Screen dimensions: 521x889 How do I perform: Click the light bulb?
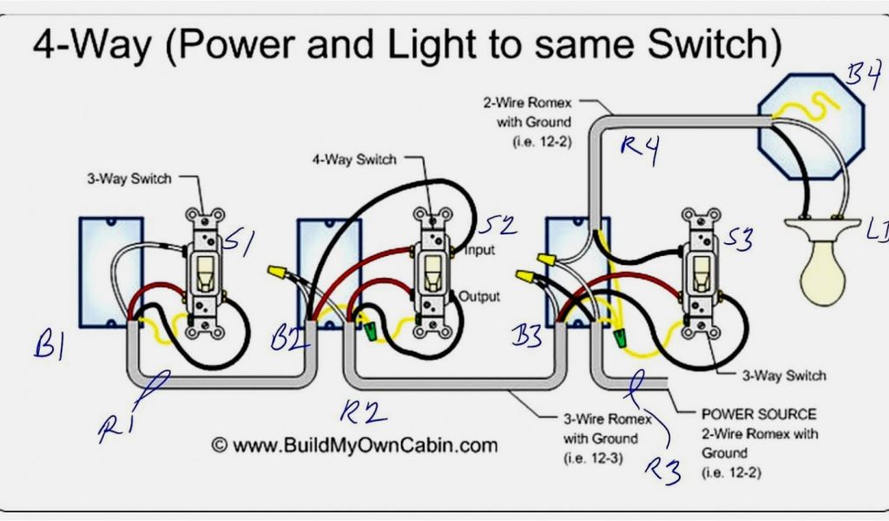821,269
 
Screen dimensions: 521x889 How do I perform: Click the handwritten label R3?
662,469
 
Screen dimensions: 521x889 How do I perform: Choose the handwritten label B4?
864,80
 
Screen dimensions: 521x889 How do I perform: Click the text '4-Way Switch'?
354,160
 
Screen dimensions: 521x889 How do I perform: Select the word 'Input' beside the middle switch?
479,251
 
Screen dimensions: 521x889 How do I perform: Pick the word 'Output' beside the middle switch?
480,296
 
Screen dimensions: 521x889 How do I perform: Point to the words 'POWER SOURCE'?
759,414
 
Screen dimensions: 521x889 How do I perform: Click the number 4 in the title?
43,45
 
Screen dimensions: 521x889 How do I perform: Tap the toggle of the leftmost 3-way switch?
205,273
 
